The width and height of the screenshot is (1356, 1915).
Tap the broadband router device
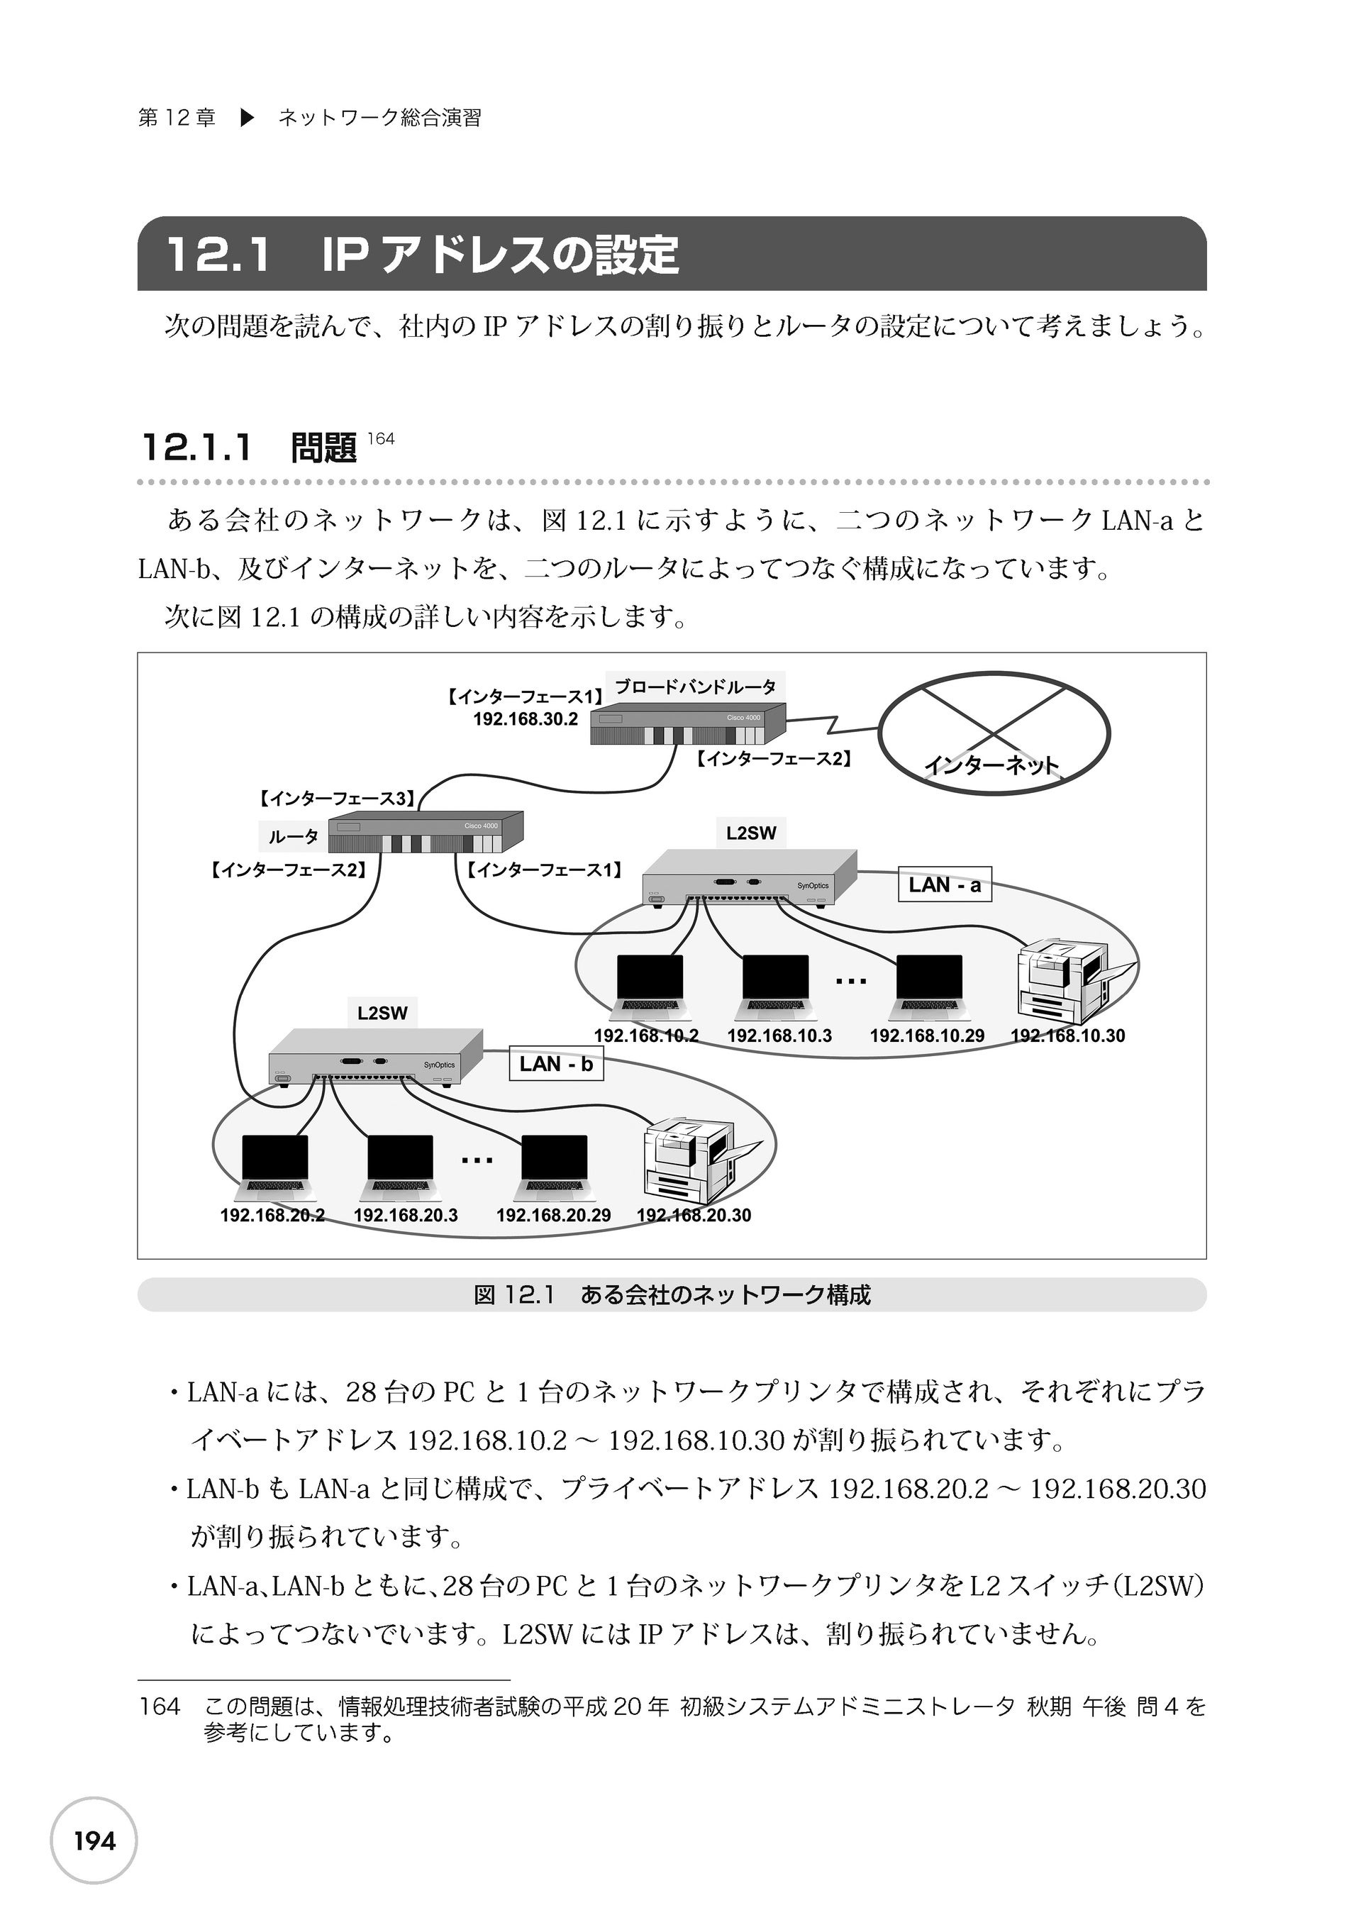click(687, 723)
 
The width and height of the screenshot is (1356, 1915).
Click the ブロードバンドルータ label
click(696, 687)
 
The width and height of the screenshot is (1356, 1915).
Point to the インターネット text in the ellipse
click(991, 765)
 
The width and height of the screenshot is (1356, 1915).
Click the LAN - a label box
click(945, 885)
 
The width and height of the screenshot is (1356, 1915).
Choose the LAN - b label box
click(555, 1065)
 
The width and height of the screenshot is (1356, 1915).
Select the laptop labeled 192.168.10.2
click(649, 987)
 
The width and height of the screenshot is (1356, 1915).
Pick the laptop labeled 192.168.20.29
click(554, 1167)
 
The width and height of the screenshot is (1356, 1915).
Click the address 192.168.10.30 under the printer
click(1067, 1036)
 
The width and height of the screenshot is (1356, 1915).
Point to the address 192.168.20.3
click(405, 1216)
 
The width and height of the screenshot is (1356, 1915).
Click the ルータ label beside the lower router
click(293, 836)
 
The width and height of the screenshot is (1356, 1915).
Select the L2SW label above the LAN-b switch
click(382, 1014)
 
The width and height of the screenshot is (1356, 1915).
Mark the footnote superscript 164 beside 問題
click(381, 439)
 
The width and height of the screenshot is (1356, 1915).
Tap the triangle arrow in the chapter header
click(246, 118)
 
